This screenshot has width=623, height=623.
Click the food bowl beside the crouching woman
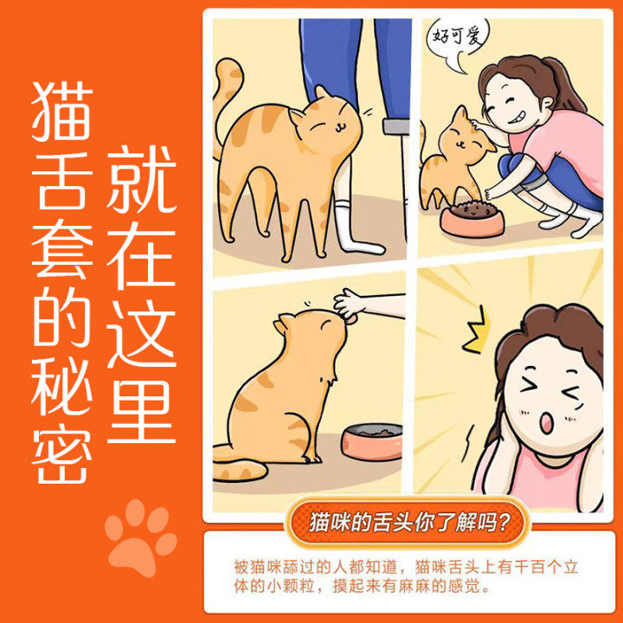[x=472, y=219]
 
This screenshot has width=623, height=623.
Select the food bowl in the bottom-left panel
[x=370, y=441]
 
